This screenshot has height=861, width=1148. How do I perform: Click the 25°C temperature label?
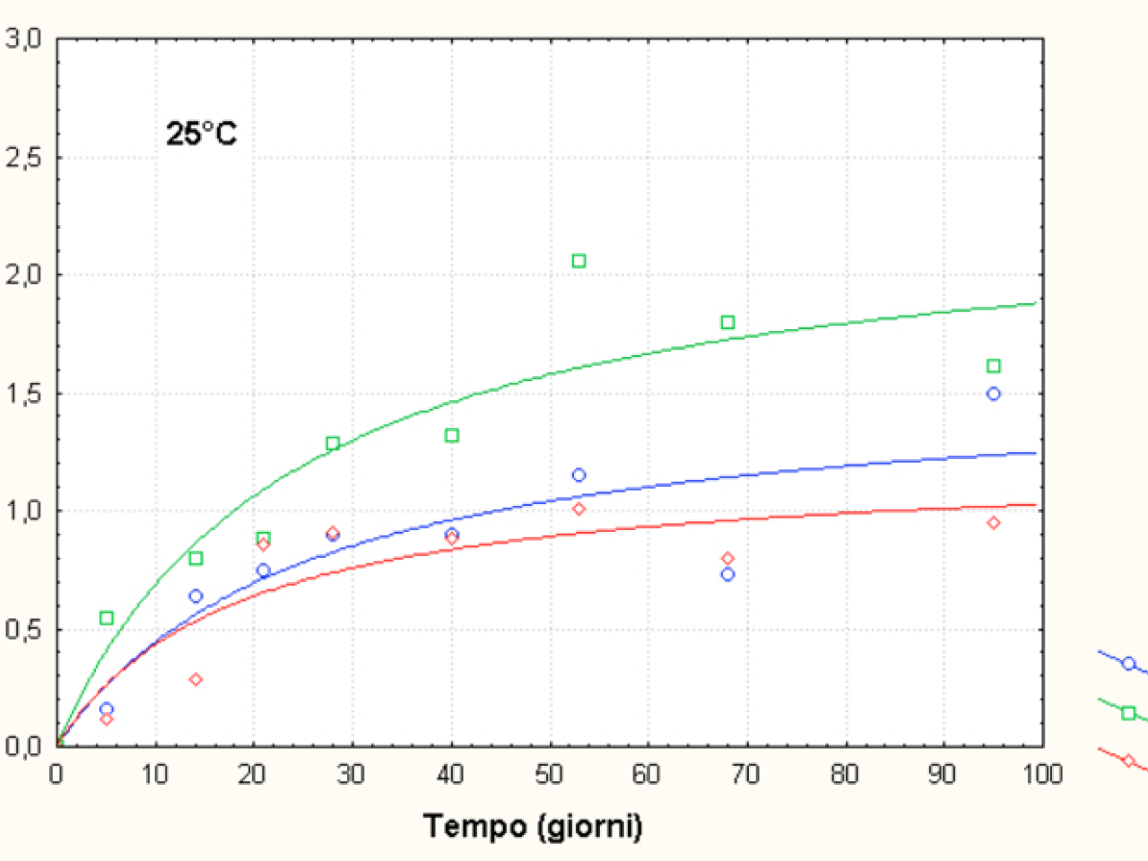coord(202,135)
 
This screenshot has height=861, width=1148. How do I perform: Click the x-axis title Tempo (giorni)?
coord(533,825)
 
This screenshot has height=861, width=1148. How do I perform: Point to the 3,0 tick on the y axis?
coord(24,39)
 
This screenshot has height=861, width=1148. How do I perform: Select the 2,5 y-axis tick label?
coord(24,158)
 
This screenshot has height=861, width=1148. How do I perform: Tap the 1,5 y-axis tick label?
coord(24,394)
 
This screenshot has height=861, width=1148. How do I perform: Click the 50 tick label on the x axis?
coord(549,774)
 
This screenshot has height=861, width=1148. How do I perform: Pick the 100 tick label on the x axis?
coord(1042,774)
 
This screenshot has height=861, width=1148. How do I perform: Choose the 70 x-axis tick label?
coord(745,774)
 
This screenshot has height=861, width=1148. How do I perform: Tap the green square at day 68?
coord(727,322)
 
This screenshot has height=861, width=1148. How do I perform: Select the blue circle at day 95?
coord(993,394)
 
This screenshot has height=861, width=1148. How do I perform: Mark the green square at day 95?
coord(993,366)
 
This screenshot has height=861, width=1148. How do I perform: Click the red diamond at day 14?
coord(196,680)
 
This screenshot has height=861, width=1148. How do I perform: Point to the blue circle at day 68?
coord(727,574)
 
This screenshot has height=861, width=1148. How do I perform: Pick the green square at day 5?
coord(107,618)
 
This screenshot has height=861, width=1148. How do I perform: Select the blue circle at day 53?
coord(578,475)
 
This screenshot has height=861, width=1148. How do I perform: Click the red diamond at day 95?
coord(993,523)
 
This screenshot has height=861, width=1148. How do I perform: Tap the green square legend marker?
coord(1128,713)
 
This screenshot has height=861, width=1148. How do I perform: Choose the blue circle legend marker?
coord(1128,664)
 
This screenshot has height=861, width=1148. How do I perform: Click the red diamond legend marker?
coord(1128,761)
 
